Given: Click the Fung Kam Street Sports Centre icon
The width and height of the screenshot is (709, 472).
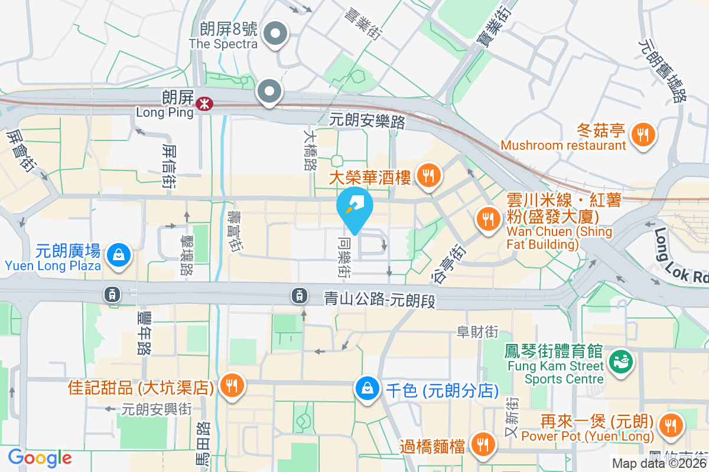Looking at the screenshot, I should (x=620, y=359).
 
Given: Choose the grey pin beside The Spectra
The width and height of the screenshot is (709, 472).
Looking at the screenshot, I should (x=275, y=34).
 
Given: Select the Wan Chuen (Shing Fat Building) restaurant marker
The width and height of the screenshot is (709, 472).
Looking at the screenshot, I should (x=487, y=219).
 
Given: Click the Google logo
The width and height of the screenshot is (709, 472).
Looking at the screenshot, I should (x=40, y=458).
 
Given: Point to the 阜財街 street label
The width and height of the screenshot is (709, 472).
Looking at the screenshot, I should (x=477, y=332).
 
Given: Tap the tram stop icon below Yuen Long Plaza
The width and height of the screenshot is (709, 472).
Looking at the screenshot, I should (x=111, y=293).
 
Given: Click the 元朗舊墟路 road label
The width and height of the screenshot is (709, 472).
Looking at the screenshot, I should (x=664, y=71).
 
